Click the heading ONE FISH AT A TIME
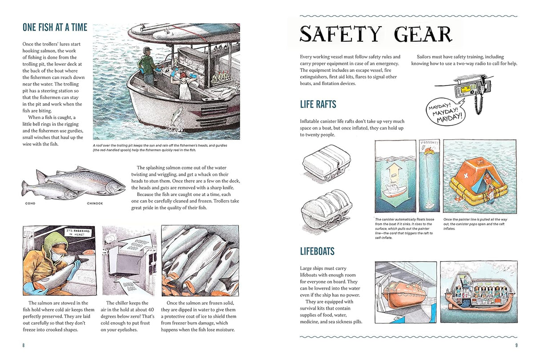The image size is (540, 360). (x=55, y=28)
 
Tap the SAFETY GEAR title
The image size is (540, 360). (x=375, y=35)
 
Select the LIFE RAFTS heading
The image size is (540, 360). (x=318, y=105)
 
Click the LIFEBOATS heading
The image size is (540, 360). (x=317, y=251)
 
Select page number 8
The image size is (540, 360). (x=24, y=345)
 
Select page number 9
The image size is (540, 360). (x=516, y=345)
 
